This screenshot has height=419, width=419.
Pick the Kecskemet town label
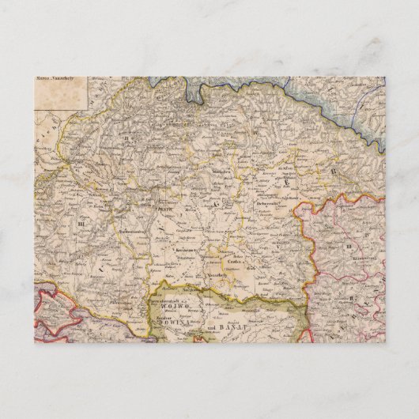coord(185,247)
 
